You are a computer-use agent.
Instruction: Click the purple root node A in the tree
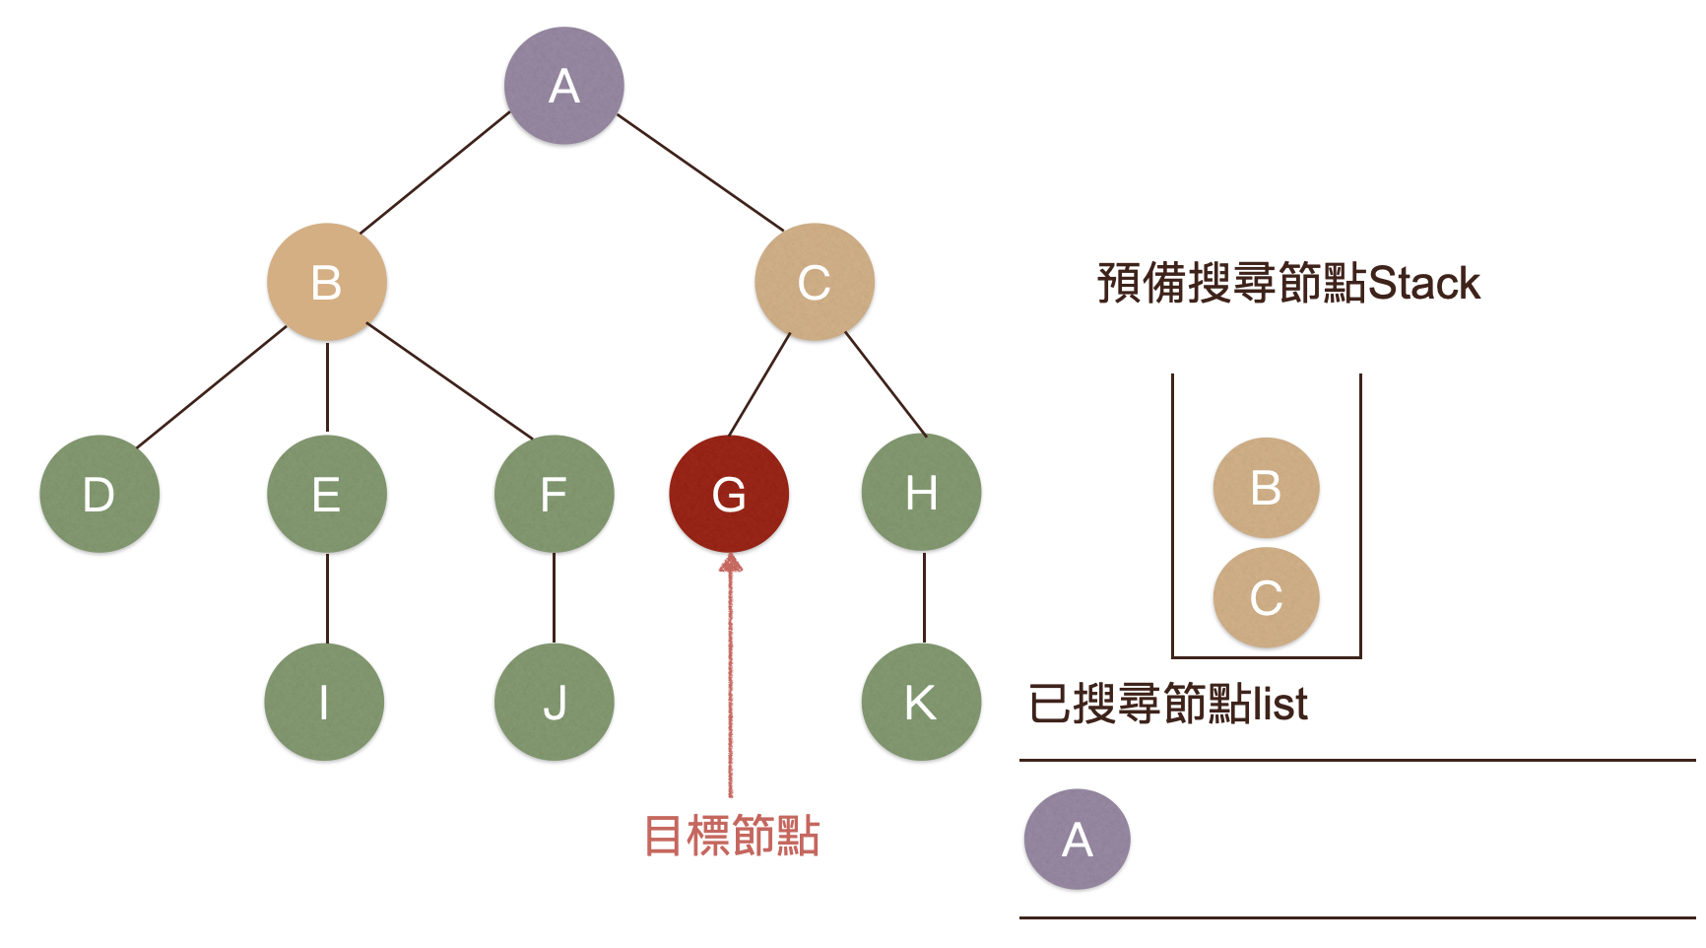pos(563,86)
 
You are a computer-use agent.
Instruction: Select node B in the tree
pos(326,283)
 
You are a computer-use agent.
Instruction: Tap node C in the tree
pos(814,283)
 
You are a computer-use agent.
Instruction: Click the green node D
pos(98,494)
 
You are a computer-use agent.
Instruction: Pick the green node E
pos(326,494)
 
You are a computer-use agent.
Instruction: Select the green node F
pos(554,494)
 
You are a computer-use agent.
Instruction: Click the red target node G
pos(728,494)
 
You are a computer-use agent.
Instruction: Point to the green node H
pos(921,493)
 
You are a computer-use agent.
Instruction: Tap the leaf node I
pos(324,703)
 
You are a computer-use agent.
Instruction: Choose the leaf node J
pos(554,703)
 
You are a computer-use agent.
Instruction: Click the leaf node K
pos(921,703)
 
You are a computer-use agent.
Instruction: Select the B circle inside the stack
pos(1266,488)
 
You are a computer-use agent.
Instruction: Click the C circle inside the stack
pos(1266,597)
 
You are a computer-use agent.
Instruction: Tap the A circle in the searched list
pos(1077,840)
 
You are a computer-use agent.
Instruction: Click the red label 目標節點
pos(731,836)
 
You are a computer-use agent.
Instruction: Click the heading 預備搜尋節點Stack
pos(1287,284)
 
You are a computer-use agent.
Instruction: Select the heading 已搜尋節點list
pos(1167,704)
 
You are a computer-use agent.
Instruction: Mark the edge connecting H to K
pos(924,597)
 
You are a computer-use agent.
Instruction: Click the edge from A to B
pos(435,172)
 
